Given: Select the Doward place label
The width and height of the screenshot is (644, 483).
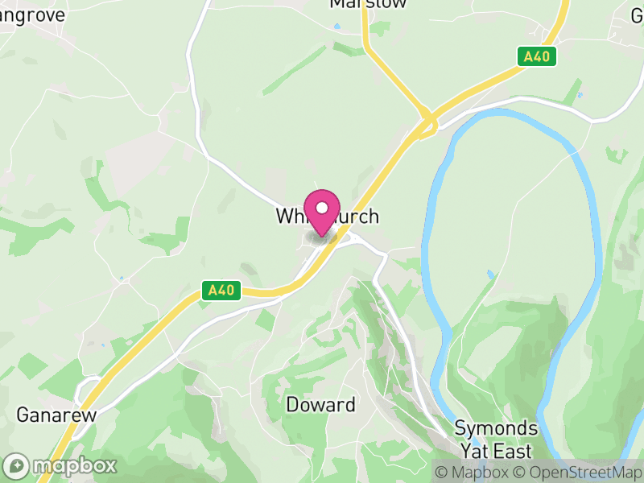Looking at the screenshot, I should point(320,404).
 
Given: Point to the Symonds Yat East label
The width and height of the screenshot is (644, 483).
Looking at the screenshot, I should point(496,437).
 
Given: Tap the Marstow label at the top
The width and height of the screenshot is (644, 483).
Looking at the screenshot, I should point(368,4).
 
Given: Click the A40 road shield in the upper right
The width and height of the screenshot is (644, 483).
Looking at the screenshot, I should point(536,56).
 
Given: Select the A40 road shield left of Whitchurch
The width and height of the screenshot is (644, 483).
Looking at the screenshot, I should point(221,291).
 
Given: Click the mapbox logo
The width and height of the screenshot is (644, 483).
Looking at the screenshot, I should point(61,465).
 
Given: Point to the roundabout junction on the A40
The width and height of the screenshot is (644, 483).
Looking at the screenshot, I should point(427,122).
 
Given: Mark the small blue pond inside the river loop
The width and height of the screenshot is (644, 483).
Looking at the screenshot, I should point(490,275).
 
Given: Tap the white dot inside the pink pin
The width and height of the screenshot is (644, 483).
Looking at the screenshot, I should point(322,208).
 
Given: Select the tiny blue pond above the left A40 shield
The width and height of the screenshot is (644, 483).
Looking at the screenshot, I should point(121,279).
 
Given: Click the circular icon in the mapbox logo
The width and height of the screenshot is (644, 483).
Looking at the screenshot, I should point(16,466).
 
